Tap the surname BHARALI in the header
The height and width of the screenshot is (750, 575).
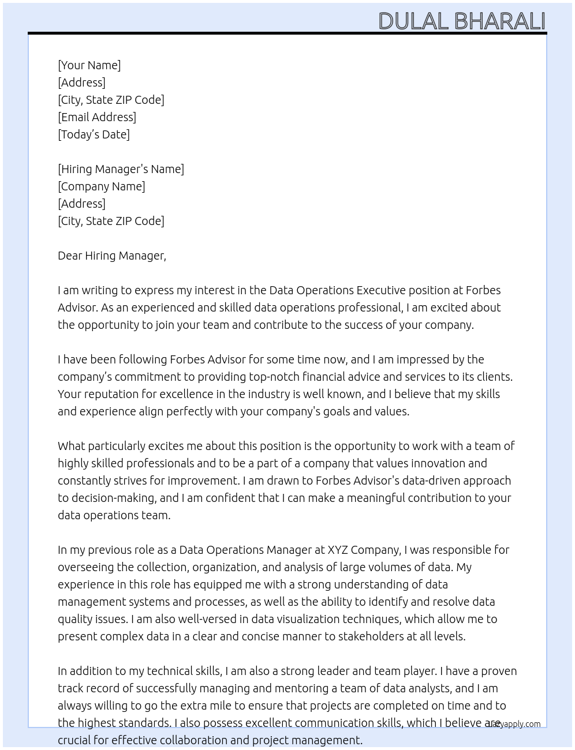click(x=499, y=21)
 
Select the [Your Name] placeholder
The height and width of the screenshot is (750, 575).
click(x=89, y=65)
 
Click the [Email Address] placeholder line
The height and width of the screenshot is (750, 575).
click(x=97, y=117)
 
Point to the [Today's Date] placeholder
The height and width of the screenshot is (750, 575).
click(x=94, y=134)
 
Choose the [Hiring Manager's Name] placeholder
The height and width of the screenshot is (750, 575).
click(x=121, y=169)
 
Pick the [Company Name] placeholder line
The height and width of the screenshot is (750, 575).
click(x=102, y=186)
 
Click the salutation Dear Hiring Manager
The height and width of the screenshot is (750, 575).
click(x=111, y=256)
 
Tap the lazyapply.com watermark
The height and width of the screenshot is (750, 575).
click(x=514, y=724)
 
